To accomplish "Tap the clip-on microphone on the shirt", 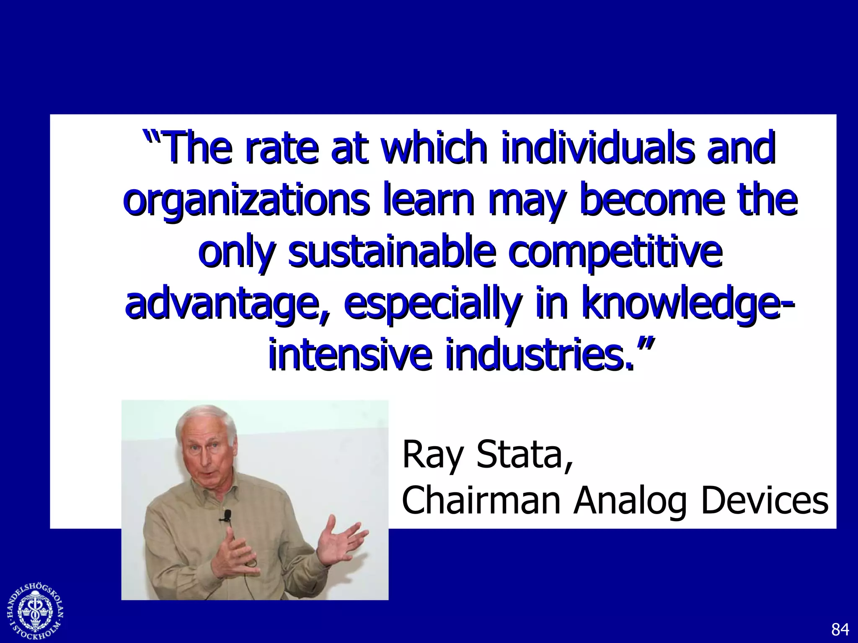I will pyautogui.click(x=227, y=515).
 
